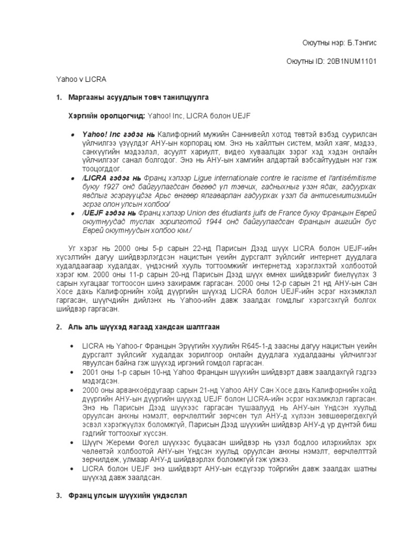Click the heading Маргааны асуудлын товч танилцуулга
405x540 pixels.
click(139, 98)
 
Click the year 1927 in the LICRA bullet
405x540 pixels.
click(108, 187)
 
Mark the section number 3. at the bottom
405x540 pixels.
click(59, 497)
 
